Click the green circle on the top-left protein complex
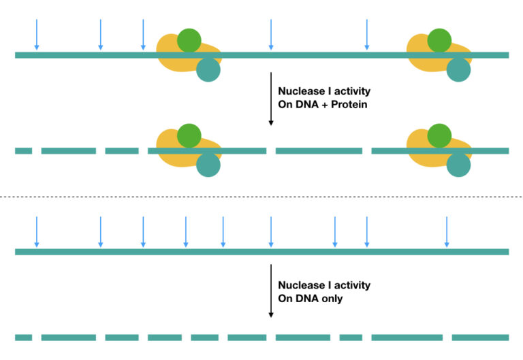click(x=189, y=41)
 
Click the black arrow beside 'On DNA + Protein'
click(x=271, y=99)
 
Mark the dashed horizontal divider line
click(x=261, y=197)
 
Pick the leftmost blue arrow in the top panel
click(x=37, y=35)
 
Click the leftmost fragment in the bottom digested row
click(x=23, y=338)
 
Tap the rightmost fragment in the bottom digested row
click(x=480, y=338)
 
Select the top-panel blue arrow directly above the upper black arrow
click(x=271, y=35)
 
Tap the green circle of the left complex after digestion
click(x=189, y=136)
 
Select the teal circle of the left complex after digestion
click(x=208, y=165)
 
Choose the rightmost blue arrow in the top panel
click(x=367, y=35)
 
